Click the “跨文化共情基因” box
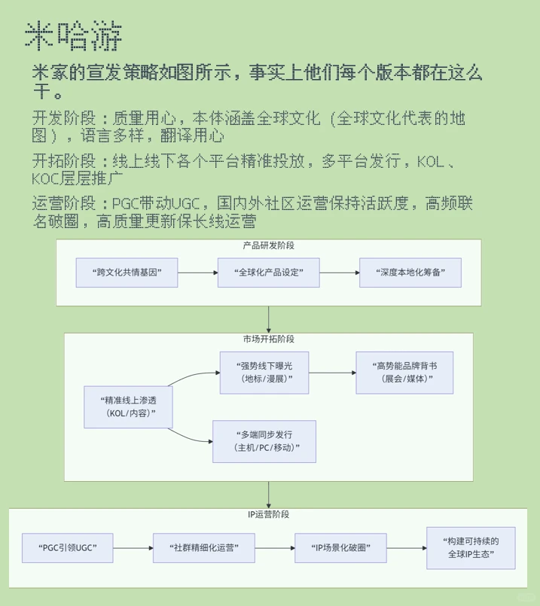(127, 272)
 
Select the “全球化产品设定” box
(269, 272)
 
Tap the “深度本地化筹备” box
(410, 272)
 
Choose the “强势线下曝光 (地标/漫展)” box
(264, 372)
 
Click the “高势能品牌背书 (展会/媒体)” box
(404, 372)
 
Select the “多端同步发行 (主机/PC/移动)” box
(264, 441)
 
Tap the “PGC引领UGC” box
(67, 547)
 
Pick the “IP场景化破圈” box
(340, 547)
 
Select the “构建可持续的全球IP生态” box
(471, 547)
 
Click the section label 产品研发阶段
(269, 246)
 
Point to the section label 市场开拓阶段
(269, 340)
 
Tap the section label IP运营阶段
(269, 515)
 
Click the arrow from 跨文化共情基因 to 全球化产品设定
(197, 272)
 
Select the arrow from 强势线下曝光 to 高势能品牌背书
(332, 372)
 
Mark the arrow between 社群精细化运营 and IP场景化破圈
(272, 547)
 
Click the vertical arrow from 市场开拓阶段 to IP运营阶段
(269, 494)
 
